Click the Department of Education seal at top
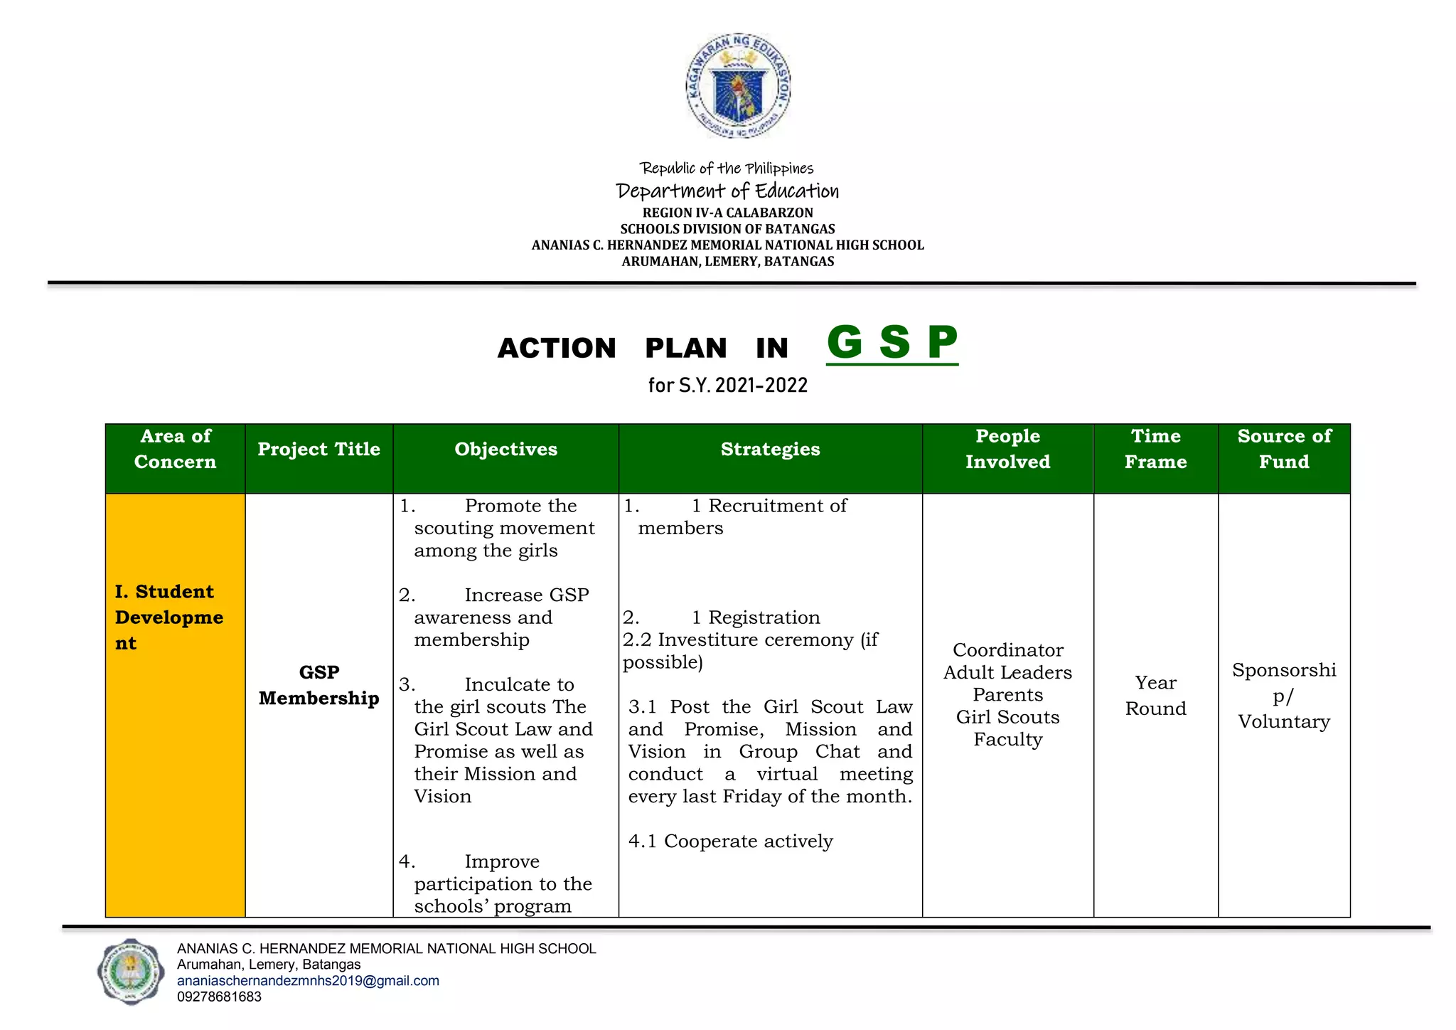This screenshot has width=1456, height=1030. point(738,86)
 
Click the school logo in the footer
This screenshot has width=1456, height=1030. point(130,971)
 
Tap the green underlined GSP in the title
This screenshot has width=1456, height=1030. point(892,343)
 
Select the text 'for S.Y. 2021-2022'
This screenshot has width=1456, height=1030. point(727,386)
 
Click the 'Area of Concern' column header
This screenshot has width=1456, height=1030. point(175,449)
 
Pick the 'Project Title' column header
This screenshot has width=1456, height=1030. point(318,449)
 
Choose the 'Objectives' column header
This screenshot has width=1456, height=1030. point(505,449)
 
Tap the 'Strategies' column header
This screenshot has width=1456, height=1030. point(770,449)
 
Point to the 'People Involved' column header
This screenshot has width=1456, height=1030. point(1007,449)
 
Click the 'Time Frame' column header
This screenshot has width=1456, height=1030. point(1155,449)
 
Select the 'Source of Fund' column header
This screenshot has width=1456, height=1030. point(1284,449)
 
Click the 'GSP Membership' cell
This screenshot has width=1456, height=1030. point(318,685)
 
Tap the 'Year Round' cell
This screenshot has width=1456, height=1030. point(1155,696)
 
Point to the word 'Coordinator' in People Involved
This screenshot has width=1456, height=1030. point(1007,650)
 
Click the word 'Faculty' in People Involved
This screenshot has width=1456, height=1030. point(1007,740)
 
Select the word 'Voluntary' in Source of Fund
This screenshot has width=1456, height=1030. point(1284,721)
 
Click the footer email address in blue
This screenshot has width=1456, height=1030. point(308,981)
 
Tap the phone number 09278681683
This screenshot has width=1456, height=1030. point(219,997)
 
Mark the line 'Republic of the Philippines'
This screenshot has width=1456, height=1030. point(727,169)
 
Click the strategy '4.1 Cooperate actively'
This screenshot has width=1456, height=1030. point(730,841)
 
